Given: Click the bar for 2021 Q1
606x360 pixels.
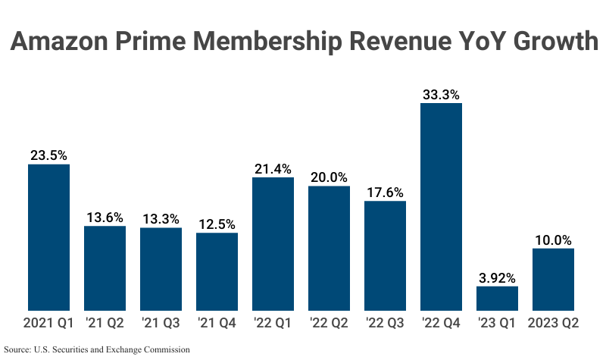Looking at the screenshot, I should [x=48, y=237].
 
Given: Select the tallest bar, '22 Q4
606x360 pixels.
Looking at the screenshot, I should [x=441, y=206].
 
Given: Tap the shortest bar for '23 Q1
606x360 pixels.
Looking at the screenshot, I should [x=497, y=298].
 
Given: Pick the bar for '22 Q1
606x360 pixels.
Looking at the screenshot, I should [x=273, y=243].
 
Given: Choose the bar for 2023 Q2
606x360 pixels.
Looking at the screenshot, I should [x=553, y=279].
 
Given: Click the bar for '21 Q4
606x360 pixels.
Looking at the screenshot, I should [x=217, y=271].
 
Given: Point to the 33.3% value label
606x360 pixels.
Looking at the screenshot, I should [x=441, y=95].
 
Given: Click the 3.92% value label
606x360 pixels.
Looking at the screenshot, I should [x=497, y=277].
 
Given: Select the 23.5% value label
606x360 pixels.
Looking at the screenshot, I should [x=48, y=155].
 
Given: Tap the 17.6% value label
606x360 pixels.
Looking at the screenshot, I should [x=385, y=192].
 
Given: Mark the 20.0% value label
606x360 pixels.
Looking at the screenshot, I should [x=329, y=177].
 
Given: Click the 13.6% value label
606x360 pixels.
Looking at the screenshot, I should [x=105, y=218].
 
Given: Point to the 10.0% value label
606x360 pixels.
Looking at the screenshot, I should [x=553, y=239].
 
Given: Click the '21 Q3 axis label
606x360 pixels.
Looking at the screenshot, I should [x=161, y=323].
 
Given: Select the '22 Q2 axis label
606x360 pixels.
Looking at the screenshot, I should [x=329, y=323].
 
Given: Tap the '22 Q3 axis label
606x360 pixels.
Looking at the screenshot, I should [x=385, y=323].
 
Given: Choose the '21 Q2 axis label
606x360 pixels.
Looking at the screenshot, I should [x=105, y=323].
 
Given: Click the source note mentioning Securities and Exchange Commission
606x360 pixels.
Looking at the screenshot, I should [x=96, y=350].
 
